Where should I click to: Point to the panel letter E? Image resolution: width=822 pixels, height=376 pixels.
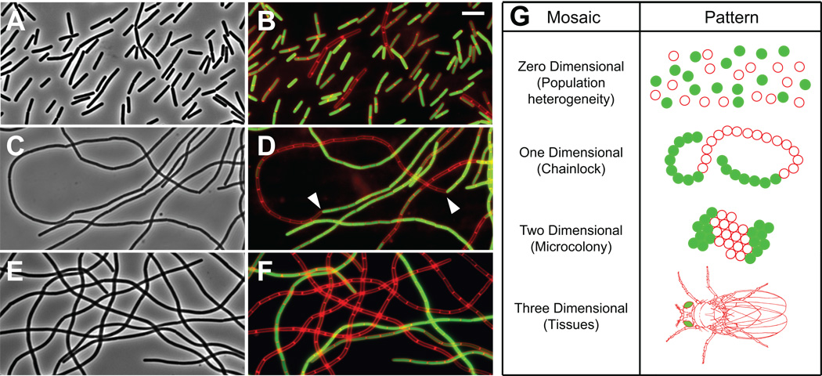[14, 270]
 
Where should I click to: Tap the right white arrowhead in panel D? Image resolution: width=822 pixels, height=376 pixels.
[452, 206]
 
